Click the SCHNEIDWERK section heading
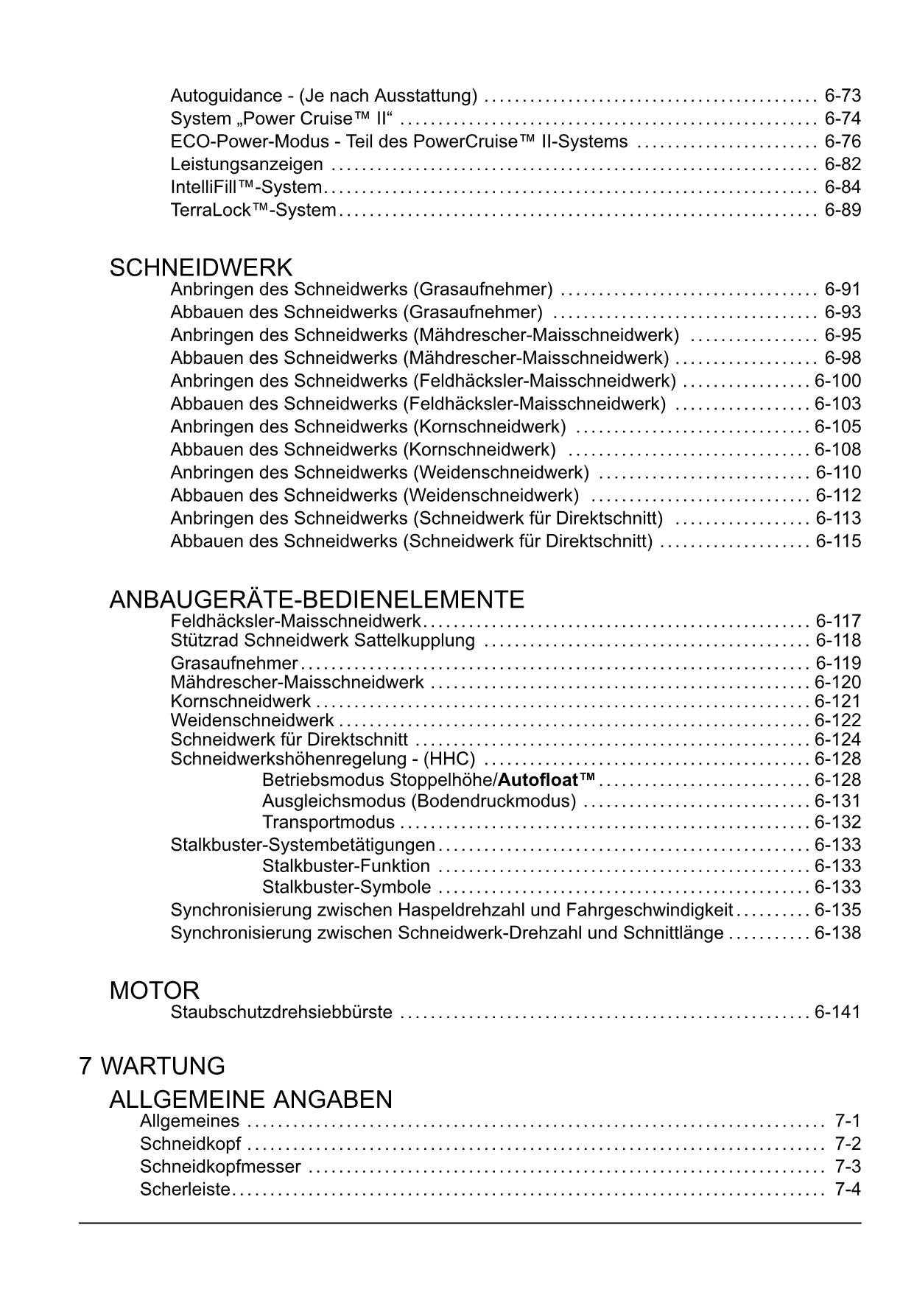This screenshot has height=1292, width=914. pos(200,268)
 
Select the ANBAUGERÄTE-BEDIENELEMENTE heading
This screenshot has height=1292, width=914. pos(317,600)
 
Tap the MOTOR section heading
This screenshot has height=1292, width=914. pos(154,991)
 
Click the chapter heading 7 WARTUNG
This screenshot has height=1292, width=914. pos(152,1066)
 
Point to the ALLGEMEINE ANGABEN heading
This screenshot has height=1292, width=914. pos(250,1100)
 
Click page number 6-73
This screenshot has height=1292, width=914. pos(843,96)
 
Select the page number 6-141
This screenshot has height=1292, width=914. pos(837,1012)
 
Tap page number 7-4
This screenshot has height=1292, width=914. pos(848,1190)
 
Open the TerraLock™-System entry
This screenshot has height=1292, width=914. pos(253,210)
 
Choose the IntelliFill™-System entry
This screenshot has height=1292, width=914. pos(246,187)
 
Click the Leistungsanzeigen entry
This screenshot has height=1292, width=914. pos(247,164)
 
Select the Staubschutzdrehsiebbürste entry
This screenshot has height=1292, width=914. pos(281,1012)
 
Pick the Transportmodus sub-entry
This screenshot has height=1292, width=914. pos(328,822)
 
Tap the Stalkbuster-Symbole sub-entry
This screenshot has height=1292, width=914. pos(347,887)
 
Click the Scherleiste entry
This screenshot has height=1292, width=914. pos(186,1190)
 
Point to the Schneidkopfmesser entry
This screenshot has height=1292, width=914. pos(220,1167)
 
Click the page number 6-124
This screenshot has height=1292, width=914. pos(837,740)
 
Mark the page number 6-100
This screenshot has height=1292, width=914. pos(837,381)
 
